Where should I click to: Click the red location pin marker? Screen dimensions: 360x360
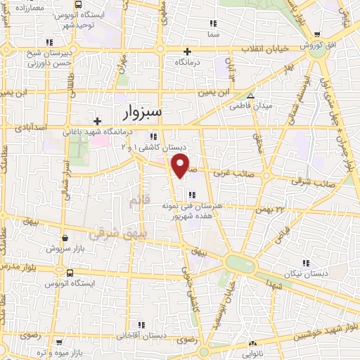(181, 166)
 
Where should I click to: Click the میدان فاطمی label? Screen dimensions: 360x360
(250, 107)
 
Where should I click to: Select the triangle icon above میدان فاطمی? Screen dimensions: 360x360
(250, 96)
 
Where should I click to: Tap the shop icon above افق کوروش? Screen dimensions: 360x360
(318, 34)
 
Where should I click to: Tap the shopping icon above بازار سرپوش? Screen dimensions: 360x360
(64, 238)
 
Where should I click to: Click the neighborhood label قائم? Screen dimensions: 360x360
(139, 202)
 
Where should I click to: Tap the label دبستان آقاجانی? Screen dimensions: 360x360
(143, 336)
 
